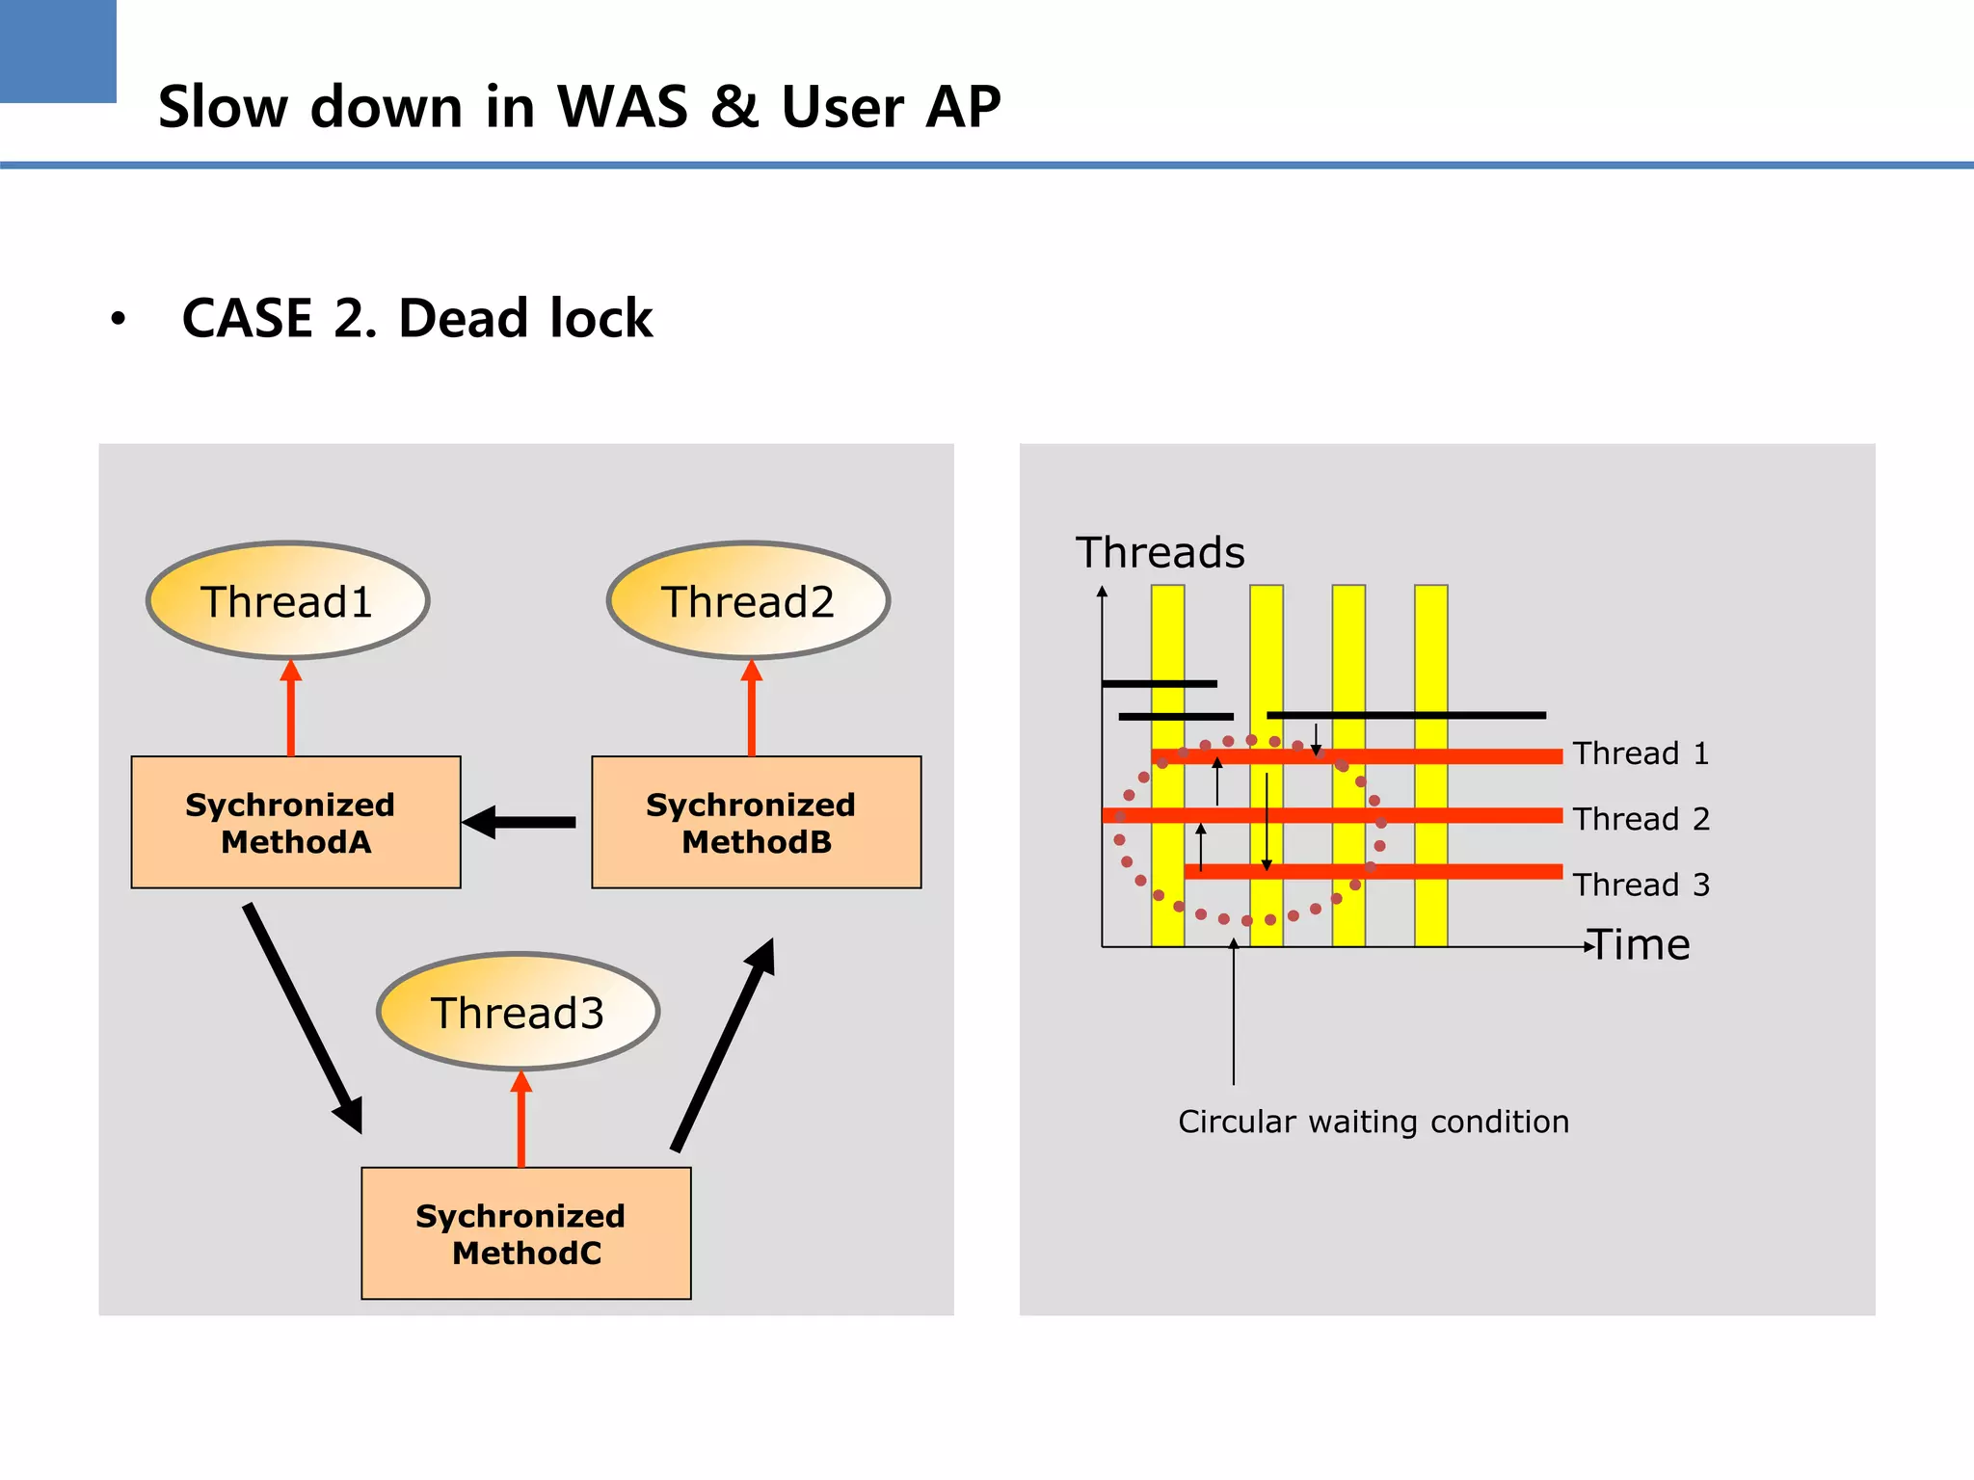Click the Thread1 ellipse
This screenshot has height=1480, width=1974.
pos(287,601)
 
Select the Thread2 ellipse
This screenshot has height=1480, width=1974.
pos(748,601)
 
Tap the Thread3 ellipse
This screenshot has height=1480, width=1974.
pos(518,1012)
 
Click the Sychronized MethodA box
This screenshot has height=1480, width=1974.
pos(295,822)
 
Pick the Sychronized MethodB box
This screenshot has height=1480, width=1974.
pos(756,822)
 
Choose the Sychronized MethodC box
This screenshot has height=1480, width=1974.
pos(525,1233)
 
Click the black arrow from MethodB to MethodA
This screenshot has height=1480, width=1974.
pos(520,822)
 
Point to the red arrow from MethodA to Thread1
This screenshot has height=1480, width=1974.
pos(290,709)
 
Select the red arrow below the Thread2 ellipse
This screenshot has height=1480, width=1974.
pos(752,709)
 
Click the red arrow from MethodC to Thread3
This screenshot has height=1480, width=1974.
pos(520,1120)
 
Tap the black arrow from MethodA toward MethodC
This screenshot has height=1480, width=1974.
pos(303,1017)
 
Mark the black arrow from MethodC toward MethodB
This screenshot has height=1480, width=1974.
pos(723,1044)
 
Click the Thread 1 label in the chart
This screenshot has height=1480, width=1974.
pos(1641,753)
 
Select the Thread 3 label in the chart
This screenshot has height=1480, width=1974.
pos(1641,885)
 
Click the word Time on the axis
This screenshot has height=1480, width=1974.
pos(1641,945)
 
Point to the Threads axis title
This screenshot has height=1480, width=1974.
pos(1160,553)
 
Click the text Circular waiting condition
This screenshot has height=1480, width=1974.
pos(1374,1122)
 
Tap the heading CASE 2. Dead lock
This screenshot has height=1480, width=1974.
pos(416,318)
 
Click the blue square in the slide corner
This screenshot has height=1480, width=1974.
pos(58,50)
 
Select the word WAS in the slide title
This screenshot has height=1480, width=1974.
pos(623,106)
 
